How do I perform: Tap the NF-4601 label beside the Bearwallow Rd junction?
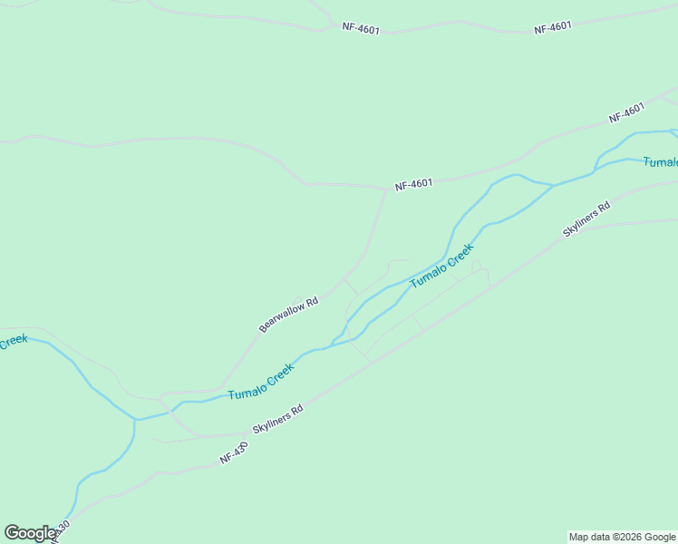413,184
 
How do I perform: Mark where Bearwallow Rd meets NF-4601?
387,189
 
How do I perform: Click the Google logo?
30,533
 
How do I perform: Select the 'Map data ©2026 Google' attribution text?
622,537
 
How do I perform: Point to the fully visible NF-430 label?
233,454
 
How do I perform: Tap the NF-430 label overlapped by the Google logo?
60,529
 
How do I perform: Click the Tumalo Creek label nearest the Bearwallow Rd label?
261,381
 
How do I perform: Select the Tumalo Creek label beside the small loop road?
442,266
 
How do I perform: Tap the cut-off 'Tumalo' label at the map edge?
660,162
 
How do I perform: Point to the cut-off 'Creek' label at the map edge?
14,342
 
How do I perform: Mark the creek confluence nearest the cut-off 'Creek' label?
135,420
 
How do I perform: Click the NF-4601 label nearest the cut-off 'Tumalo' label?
626,113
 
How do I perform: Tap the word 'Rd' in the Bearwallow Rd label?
311,300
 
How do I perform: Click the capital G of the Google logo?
12,533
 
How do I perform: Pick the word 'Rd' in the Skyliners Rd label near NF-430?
295,410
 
